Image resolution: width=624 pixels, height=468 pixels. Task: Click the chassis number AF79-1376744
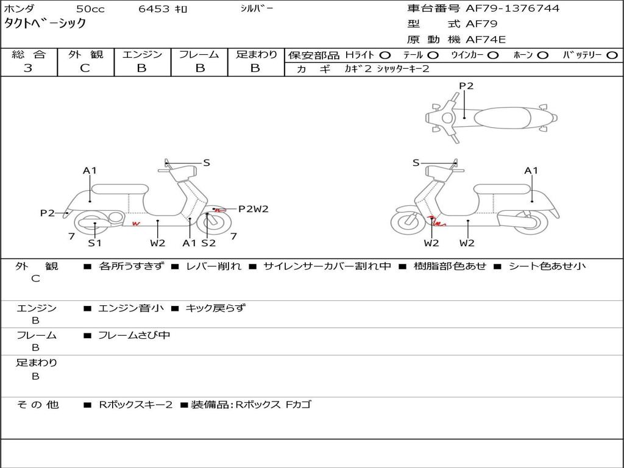pyautogui.click(x=512, y=9)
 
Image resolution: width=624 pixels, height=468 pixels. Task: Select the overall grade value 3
pyautogui.click(x=28, y=68)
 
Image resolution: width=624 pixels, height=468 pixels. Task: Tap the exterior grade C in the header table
pyautogui.click(x=85, y=68)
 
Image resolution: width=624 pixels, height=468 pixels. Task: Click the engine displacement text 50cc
pyautogui.click(x=90, y=9)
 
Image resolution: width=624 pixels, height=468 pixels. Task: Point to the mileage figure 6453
pyautogui.click(x=154, y=9)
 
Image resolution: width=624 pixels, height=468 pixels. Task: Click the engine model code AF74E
pyautogui.click(x=486, y=40)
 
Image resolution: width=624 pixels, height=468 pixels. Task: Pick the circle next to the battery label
pyautogui.click(x=612, y=55)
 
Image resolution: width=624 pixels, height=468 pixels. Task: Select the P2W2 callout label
pyautogui.click(x=253, y=209)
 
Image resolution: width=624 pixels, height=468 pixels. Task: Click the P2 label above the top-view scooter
pyautogui.click(x=466, y=86)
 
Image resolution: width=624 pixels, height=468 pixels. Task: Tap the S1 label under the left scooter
pyautogui.click(x=94, y=243)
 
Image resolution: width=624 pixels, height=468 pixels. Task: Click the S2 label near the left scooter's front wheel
pyautogui.click(x=208, y=243)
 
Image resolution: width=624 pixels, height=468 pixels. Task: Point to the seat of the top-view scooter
pyautogui.click(x=502, y=118)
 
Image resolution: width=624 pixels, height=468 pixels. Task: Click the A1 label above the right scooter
pyautogui.click(x=531, y=171)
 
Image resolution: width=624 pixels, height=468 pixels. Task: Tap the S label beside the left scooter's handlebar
pyautogui.click(x=207, y=163)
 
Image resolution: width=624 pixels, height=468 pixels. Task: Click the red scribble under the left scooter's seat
pyautogui.click(x=136, y=224)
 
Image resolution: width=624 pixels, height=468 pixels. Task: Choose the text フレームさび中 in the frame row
pyautogui.click(x=134, y=336)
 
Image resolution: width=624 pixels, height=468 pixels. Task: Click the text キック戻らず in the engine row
pyautogui.click(x=216, y=308)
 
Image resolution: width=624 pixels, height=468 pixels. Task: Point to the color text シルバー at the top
pyautogui.click(x=257, y=9)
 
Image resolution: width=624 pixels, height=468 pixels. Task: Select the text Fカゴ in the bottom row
pyautogui.click(x=298, y=405)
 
